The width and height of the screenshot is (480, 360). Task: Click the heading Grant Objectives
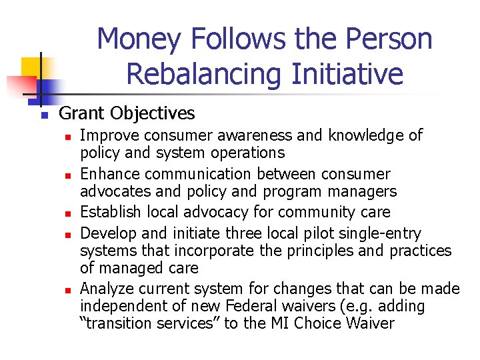click(x=127, y=113)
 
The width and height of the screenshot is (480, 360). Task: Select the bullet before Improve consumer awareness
click(x=67, y=137)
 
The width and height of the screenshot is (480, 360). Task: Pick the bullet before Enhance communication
click(x=67, y=175)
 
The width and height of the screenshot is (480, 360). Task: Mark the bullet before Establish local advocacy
click(x=67, y=213)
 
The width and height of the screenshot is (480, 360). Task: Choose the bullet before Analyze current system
click(x=67, y=290)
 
